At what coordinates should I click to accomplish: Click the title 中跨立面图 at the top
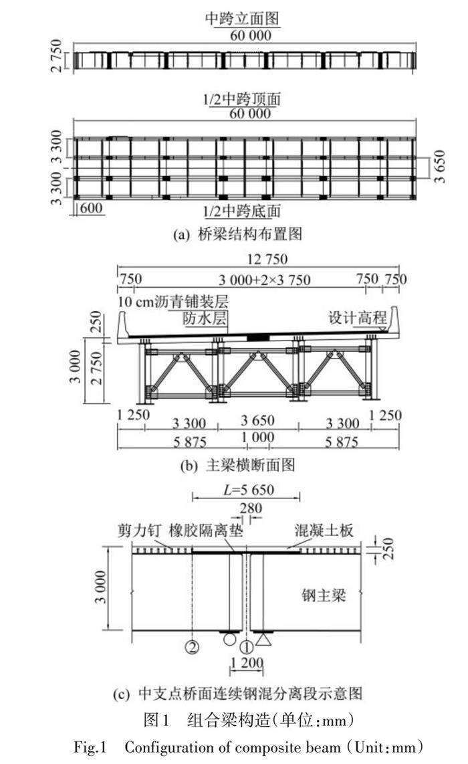(241, 19)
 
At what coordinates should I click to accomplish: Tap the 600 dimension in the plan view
(91, 209)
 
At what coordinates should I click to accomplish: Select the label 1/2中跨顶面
(241, 100)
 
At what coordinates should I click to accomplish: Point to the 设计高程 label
(355, 318)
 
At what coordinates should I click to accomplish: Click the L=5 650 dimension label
(247, 490)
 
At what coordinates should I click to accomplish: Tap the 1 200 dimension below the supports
(247, 664)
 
